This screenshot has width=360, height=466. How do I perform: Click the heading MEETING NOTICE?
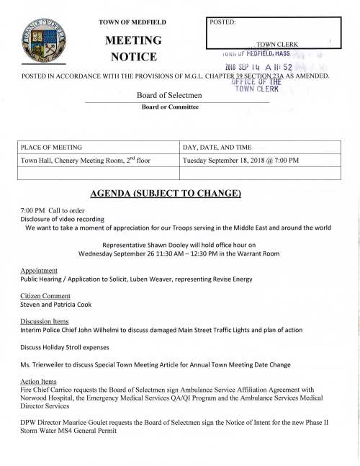(x=134, y=47)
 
